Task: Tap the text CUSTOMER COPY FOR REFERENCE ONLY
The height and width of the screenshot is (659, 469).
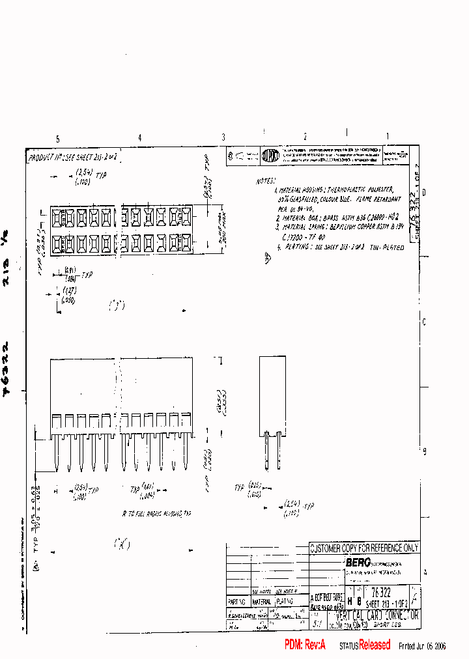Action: click(364, 548)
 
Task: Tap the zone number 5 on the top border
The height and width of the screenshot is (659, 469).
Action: click(58, 139)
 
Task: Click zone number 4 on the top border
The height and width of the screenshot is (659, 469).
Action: click(139, 138)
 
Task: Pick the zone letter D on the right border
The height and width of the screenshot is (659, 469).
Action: click(424, 193)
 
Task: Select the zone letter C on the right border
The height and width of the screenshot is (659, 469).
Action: click(424, 322)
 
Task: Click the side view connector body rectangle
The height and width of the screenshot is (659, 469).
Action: click(272, 395)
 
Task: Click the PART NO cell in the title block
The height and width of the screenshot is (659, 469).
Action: click(238, 602)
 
